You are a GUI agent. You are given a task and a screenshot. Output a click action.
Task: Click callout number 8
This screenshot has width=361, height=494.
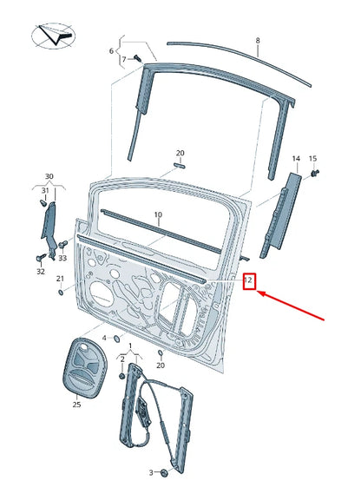(258, 41)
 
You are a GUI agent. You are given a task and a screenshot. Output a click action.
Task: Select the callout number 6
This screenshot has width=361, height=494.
(111, 51)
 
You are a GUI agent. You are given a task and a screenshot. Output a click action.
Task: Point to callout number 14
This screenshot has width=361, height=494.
(296, 159)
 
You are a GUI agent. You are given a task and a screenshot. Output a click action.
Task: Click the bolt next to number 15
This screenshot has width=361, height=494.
(313, 174)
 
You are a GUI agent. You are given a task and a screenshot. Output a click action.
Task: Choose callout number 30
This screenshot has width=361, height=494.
(49, 176)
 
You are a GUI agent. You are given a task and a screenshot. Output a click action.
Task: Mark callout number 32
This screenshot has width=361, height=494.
(40, 271)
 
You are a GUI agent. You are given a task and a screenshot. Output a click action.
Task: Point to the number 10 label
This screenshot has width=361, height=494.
(158, 214)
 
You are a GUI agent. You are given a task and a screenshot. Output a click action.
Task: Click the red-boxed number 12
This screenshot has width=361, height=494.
(250, 280)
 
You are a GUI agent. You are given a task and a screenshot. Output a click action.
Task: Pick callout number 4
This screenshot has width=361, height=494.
(105, 338)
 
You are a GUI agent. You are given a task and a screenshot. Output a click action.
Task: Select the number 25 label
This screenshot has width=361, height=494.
(76, 404)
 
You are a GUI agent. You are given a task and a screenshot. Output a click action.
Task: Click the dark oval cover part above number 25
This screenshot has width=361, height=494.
(86, 366)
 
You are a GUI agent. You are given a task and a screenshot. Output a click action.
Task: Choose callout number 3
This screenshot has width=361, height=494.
(150, 472)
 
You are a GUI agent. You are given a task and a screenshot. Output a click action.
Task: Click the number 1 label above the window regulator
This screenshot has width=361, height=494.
(130, 346)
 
